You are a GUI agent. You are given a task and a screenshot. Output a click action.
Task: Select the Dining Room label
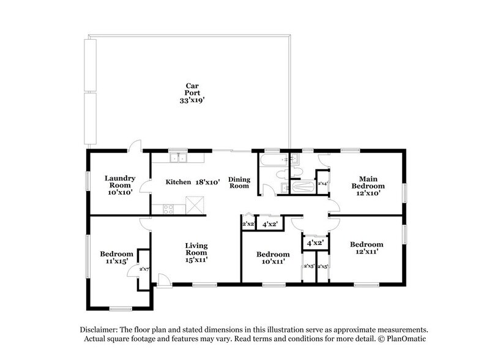(239, 182)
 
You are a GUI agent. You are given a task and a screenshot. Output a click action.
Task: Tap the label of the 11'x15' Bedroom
(117, 258)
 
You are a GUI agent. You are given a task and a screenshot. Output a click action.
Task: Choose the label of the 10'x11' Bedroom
(272, 258)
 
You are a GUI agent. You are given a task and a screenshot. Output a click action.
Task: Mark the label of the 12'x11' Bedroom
(367, 248)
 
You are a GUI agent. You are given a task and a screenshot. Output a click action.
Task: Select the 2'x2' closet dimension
(248, 225)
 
